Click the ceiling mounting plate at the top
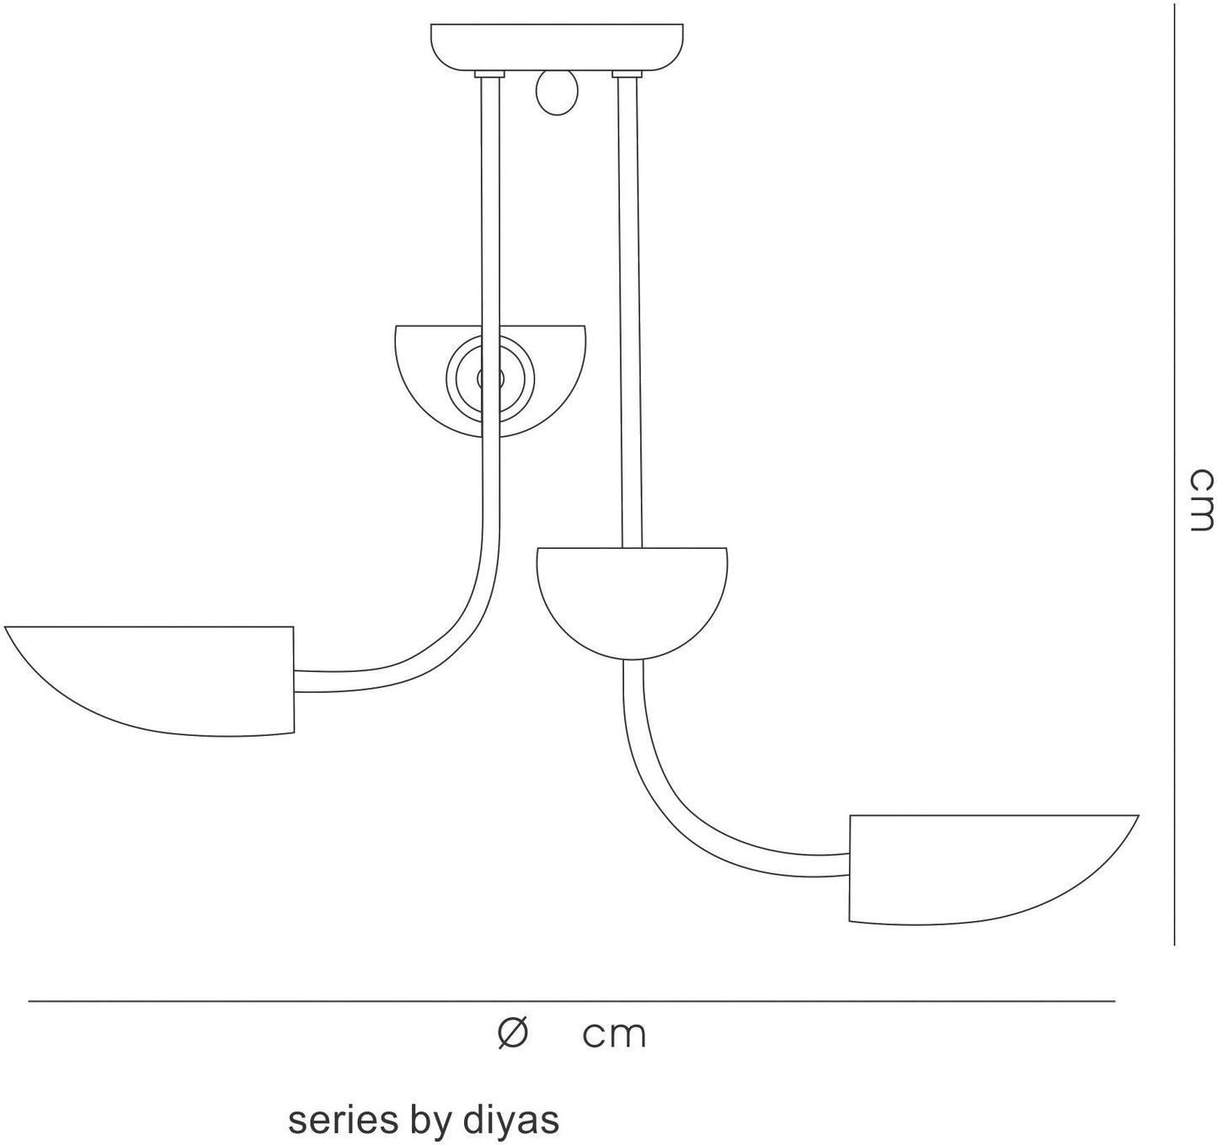(557, 47)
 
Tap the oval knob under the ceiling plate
(557, 92)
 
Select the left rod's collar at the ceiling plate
(489, 74)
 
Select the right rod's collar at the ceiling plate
(627, 74)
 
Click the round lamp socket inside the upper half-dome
(490, 379)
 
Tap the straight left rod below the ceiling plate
(490, 294)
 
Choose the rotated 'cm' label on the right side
(1201, 500)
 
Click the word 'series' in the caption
(335, 1121)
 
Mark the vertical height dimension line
(1174, 475)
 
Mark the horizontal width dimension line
(571, 1002)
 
